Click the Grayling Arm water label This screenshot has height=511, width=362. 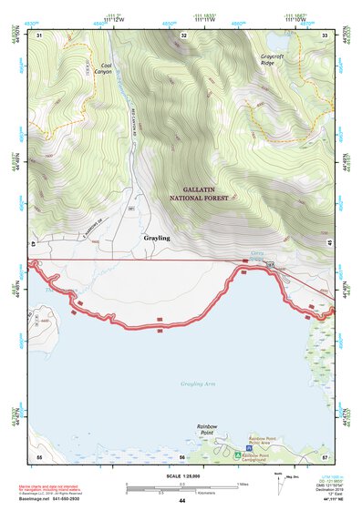[197, 383]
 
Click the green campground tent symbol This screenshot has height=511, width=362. [237, 453]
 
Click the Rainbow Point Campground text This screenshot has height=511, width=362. [269, 455]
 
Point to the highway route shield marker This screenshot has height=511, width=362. [270, 263]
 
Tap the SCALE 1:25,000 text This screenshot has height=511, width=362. [182, 475]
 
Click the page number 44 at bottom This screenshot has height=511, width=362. [182, 501]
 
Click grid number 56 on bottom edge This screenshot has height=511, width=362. [182, 455]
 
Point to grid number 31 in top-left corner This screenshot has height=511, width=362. [39, 35]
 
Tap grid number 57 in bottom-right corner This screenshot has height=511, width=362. [325, 455]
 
